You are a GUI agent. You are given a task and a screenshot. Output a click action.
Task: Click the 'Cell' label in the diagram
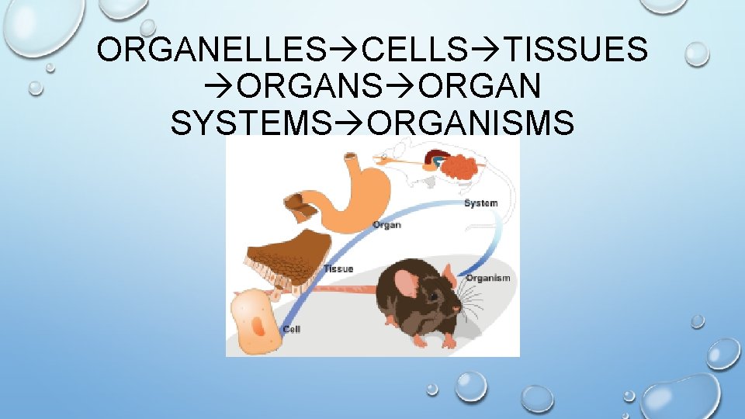pyautogui.click(x=292, y=330)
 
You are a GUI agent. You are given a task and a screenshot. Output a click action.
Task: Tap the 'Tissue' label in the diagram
pyautogui.click(x=338, y=269)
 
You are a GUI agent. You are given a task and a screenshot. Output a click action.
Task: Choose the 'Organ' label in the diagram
pyautogui.click(x=386, y=225)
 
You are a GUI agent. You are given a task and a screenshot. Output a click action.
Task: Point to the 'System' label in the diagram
pyautogui.click(x=480, y=203)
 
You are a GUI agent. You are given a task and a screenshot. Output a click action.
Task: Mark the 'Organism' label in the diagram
pyautogui.click(x=488, y=278)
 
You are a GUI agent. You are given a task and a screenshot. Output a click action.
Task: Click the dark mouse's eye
pyautogui.click(x=432, y=297)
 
